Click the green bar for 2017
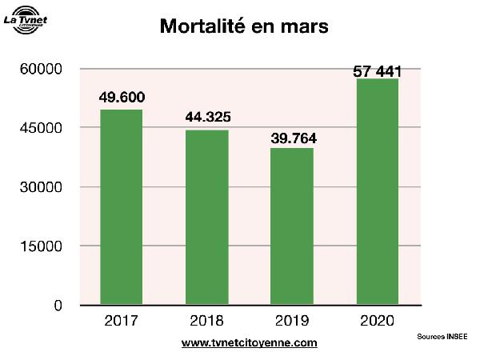click(122, 207)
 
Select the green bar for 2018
click(207, 217)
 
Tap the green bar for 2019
click(292, 226)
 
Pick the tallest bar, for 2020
click(377, 191)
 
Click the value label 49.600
click(122, 98)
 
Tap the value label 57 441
click(377, 72)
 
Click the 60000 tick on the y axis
click(41, 70)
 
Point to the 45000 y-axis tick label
click(41, 128)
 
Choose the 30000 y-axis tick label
click(41, 187)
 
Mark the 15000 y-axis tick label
click(41, 246)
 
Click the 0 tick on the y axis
click(58, 305)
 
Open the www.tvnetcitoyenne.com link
click(250, 343)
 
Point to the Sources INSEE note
click(442, 337)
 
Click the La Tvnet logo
click(26, 20)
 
